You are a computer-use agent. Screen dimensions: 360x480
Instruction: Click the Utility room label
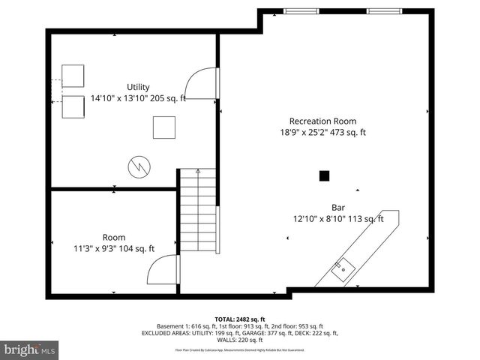coord(139,87)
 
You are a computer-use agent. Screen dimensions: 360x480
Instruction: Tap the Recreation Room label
coord(323,121)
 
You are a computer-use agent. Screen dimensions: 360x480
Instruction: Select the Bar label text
coord(338,208)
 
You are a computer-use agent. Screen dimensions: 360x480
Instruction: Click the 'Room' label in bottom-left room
coord(114,237)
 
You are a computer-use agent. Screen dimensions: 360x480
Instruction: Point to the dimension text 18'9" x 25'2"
coord(301,133)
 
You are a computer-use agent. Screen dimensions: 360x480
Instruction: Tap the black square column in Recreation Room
coord(324,176)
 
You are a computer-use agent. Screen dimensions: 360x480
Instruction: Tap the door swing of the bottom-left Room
coord(163,268)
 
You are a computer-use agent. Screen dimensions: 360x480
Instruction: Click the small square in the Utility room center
coord(164,127)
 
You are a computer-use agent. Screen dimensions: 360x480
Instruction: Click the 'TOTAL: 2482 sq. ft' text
coord(240,319)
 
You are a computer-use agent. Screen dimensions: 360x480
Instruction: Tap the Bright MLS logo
coord(30,349)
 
